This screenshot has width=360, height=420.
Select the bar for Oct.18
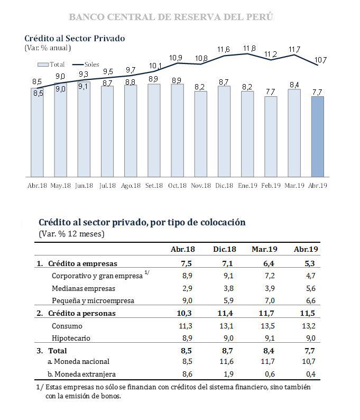click(x=178, y=130)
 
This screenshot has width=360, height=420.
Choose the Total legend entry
click(x=52, y=65)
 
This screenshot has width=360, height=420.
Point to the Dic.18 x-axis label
click(x=224, y=186)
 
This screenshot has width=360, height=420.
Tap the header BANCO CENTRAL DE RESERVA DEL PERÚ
click(x=171, y=17)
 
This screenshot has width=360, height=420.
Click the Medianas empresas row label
click(x=83, y=288)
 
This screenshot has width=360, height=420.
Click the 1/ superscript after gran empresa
click(x=147, y=273)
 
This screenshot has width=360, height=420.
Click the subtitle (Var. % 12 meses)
click(x=71, y=233)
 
